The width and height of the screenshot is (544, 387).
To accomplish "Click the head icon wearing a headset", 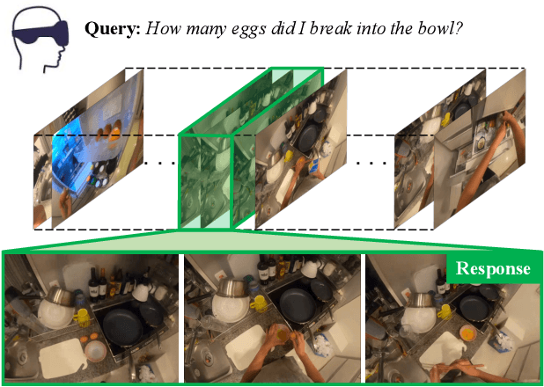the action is click(x=40, y=37).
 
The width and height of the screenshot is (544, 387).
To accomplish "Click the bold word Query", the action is click(x=112, y=28).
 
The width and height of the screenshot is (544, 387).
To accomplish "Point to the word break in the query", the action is click(x=330, y=28).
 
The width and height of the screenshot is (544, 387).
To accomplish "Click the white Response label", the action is click(x=493, y=269).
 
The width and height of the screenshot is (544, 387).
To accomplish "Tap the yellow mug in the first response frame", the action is click(x=82, y=318).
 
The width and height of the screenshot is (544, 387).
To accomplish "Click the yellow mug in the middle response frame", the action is click(x=258, y=303).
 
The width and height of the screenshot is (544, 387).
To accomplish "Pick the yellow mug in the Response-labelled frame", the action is click(x=445, y=311).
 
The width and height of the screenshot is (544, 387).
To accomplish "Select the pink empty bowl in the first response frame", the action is click(x=95, y=350).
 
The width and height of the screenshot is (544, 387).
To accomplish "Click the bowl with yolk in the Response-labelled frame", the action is click(x=468, y=333).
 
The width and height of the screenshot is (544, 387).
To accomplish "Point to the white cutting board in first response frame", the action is click(x=62, y=358).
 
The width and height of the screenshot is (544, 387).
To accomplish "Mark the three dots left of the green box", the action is click(x=159, y=163).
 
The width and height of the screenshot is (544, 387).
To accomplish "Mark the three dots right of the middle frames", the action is click(x=371, y=163).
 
